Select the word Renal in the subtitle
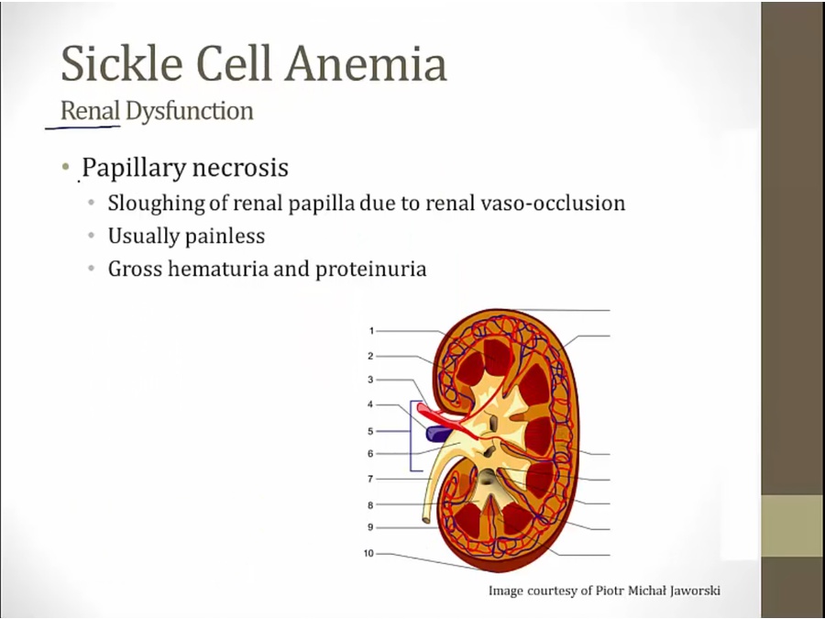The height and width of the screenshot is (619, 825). click(x=90, y=112)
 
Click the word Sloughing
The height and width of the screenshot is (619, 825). click(x=149, y=203)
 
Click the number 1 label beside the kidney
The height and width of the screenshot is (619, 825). click(x=371, y=331)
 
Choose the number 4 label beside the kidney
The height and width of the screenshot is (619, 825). click(x=371, y=404)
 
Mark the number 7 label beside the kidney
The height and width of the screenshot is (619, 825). click(x=371, y=479)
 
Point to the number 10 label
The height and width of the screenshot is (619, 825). click(x=368, y=554)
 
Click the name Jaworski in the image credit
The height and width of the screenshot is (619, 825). click(x=694, y=591)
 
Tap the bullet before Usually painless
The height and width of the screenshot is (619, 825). click(x=92, y=237)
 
